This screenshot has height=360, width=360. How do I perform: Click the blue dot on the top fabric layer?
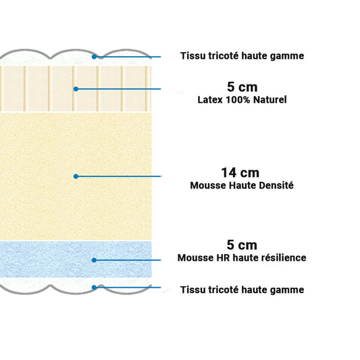(94, 57)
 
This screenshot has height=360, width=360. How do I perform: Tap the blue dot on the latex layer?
(76, 89)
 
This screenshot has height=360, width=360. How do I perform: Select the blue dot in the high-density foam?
(76, 176)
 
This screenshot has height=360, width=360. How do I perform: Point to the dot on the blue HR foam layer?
(94, 260)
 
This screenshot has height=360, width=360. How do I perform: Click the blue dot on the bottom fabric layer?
(94, 288)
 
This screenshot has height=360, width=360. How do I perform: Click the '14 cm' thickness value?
(240, 173)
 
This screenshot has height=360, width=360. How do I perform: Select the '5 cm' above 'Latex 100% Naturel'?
(242, 87)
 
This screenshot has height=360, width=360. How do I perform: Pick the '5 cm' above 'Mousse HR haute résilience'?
(242, 245)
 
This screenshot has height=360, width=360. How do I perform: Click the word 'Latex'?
(210, 100)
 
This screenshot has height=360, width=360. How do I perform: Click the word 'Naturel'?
(270, 100)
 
